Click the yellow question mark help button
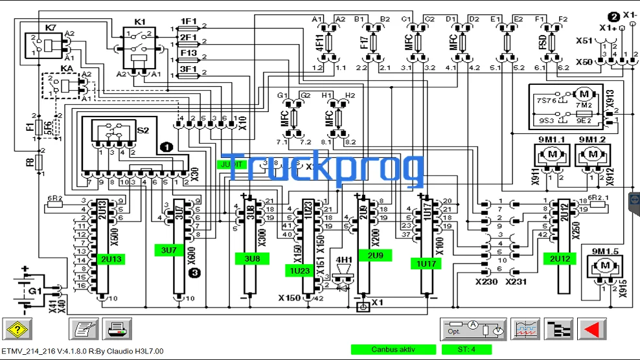18,329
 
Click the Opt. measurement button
473,329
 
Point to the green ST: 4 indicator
466,350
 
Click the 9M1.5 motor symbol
606,265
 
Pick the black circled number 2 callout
613,16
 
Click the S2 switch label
143,130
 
